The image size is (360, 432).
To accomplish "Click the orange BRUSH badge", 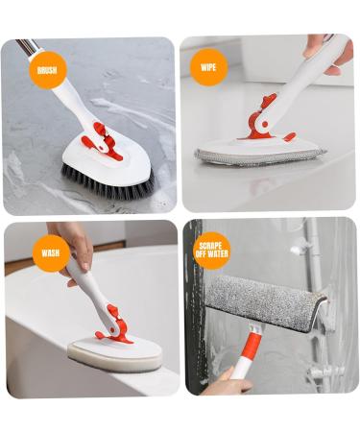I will [x=47, y=69].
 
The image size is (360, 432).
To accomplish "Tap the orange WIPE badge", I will [x=208, y=67].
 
